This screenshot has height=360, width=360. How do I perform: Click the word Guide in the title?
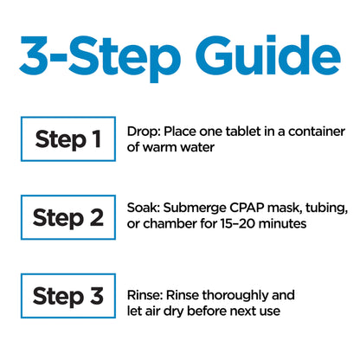click(x=268, y=55)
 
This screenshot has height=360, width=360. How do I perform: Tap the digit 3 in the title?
click(x=34, y=55)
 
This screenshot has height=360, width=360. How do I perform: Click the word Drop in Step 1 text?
click(x=143, y=132)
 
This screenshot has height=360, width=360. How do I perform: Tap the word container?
click(x=317, y=132)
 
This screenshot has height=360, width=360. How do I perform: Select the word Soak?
click(x=144, y=208)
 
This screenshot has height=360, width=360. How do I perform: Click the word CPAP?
click(x=247, y=208)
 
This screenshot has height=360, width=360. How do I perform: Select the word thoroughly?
click(x=235, y=296)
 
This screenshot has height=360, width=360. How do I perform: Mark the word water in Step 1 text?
click(x=197, y=147)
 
